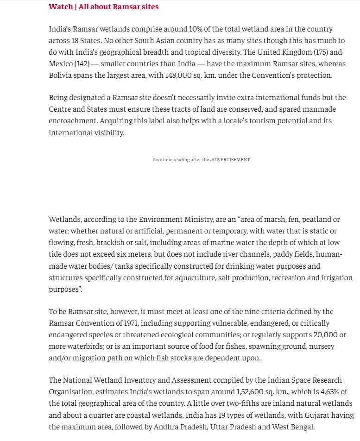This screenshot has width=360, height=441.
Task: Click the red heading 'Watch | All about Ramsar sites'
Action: point(103,6)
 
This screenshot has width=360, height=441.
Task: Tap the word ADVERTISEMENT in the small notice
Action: point(230,160)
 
